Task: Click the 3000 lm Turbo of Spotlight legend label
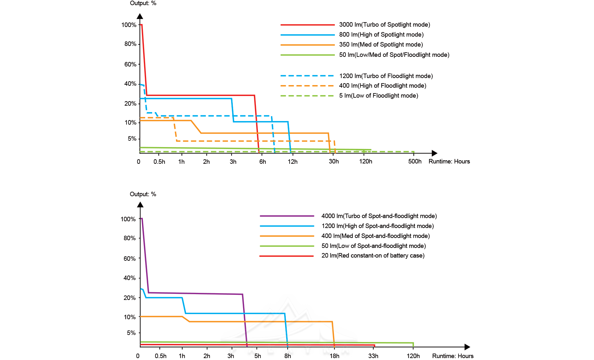[x=384, y=25]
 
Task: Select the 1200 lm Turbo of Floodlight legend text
[x=386, y=76]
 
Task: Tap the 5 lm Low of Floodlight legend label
[x=378, y=96]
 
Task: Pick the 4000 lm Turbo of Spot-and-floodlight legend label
[x=379, y=216]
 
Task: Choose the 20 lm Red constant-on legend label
[x=373, y=256]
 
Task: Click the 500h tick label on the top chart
[x=415, y=162]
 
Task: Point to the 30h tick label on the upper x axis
[x=334, y=162]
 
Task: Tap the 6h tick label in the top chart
[x=263, y=162]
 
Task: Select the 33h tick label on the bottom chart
[x=373, y=356]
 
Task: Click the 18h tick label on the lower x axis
[x=334, y=356]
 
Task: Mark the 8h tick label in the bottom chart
[x=288, y=356]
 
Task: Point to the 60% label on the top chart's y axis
[x=130, y=64]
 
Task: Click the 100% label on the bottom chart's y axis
[x=128, y=219]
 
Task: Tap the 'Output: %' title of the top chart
[x=143, y=3]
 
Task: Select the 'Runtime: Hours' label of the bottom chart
[x=453, y=356]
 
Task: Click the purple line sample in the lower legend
[x=287, y=216]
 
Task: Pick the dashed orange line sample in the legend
[x=307, y=86]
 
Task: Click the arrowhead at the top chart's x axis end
[x=434, y=153]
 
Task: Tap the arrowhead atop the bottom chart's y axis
[x=140, y=205]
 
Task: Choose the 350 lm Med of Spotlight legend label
[x=381, y=45]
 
